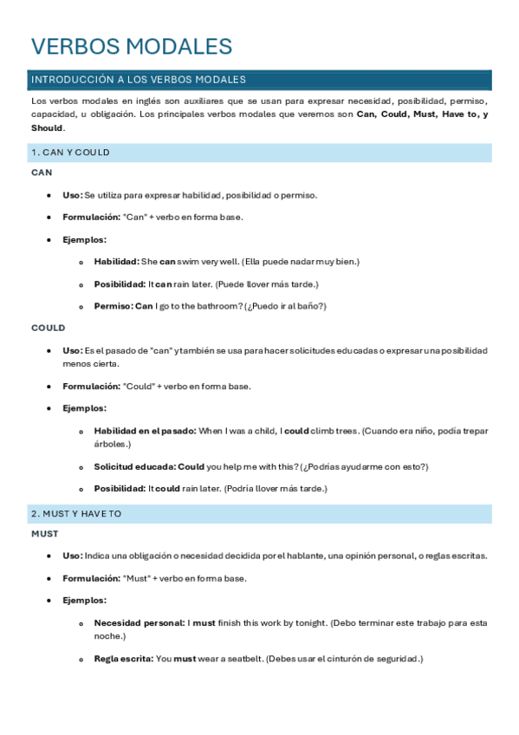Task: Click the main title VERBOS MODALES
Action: pyautogui.click(x=132, y=47)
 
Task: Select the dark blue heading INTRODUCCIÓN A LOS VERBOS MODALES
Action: pyautogui.click(x=139, y=80)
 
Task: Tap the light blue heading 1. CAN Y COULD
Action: pyautogui.click(x=70, y=153)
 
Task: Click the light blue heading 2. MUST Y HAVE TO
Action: pyautogui.click(x=76, y=514)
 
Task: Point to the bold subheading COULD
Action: pyautogui.click(x=48, y=328)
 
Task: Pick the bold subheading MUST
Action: pyautogui.click(x=45, y=534)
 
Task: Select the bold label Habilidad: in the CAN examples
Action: pyautogui.click(x=116, y=261)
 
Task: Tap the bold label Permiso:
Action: pyautogui.click(x=113, y=306)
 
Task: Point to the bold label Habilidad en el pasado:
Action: pyautogui.click(x=145, y=431)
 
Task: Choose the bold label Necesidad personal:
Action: pyautogui.click(x=139, y=622)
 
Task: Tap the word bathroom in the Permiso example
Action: pyautogui.click(x=220, y=306)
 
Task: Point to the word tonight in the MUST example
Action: pyautogui.click(x=310, y=622)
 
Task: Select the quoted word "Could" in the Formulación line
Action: pyautogui.click(x=139, y=386)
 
